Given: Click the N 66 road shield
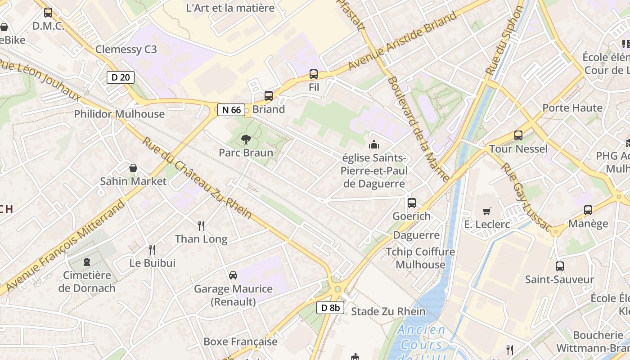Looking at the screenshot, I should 231,109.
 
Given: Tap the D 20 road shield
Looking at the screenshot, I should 121,77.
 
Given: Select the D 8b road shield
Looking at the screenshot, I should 330,308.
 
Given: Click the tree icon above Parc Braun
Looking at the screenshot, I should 246,139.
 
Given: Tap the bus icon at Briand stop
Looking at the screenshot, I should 269,96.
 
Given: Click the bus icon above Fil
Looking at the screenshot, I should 314,74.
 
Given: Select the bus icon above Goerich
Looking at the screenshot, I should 411,203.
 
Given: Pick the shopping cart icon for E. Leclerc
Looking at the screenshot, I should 486,211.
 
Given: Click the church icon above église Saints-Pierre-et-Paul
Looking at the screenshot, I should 373,145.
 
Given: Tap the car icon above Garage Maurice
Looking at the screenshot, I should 233,275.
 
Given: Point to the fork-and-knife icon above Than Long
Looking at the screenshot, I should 201,225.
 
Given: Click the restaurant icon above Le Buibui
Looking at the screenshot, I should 152,249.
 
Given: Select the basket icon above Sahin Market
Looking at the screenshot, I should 133,168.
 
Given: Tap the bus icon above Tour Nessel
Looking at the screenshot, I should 518,135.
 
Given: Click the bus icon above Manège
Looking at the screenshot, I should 588,210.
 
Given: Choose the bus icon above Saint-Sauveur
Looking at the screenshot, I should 559,266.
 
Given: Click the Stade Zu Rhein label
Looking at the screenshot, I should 388,311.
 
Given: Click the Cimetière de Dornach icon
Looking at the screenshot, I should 86,262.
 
